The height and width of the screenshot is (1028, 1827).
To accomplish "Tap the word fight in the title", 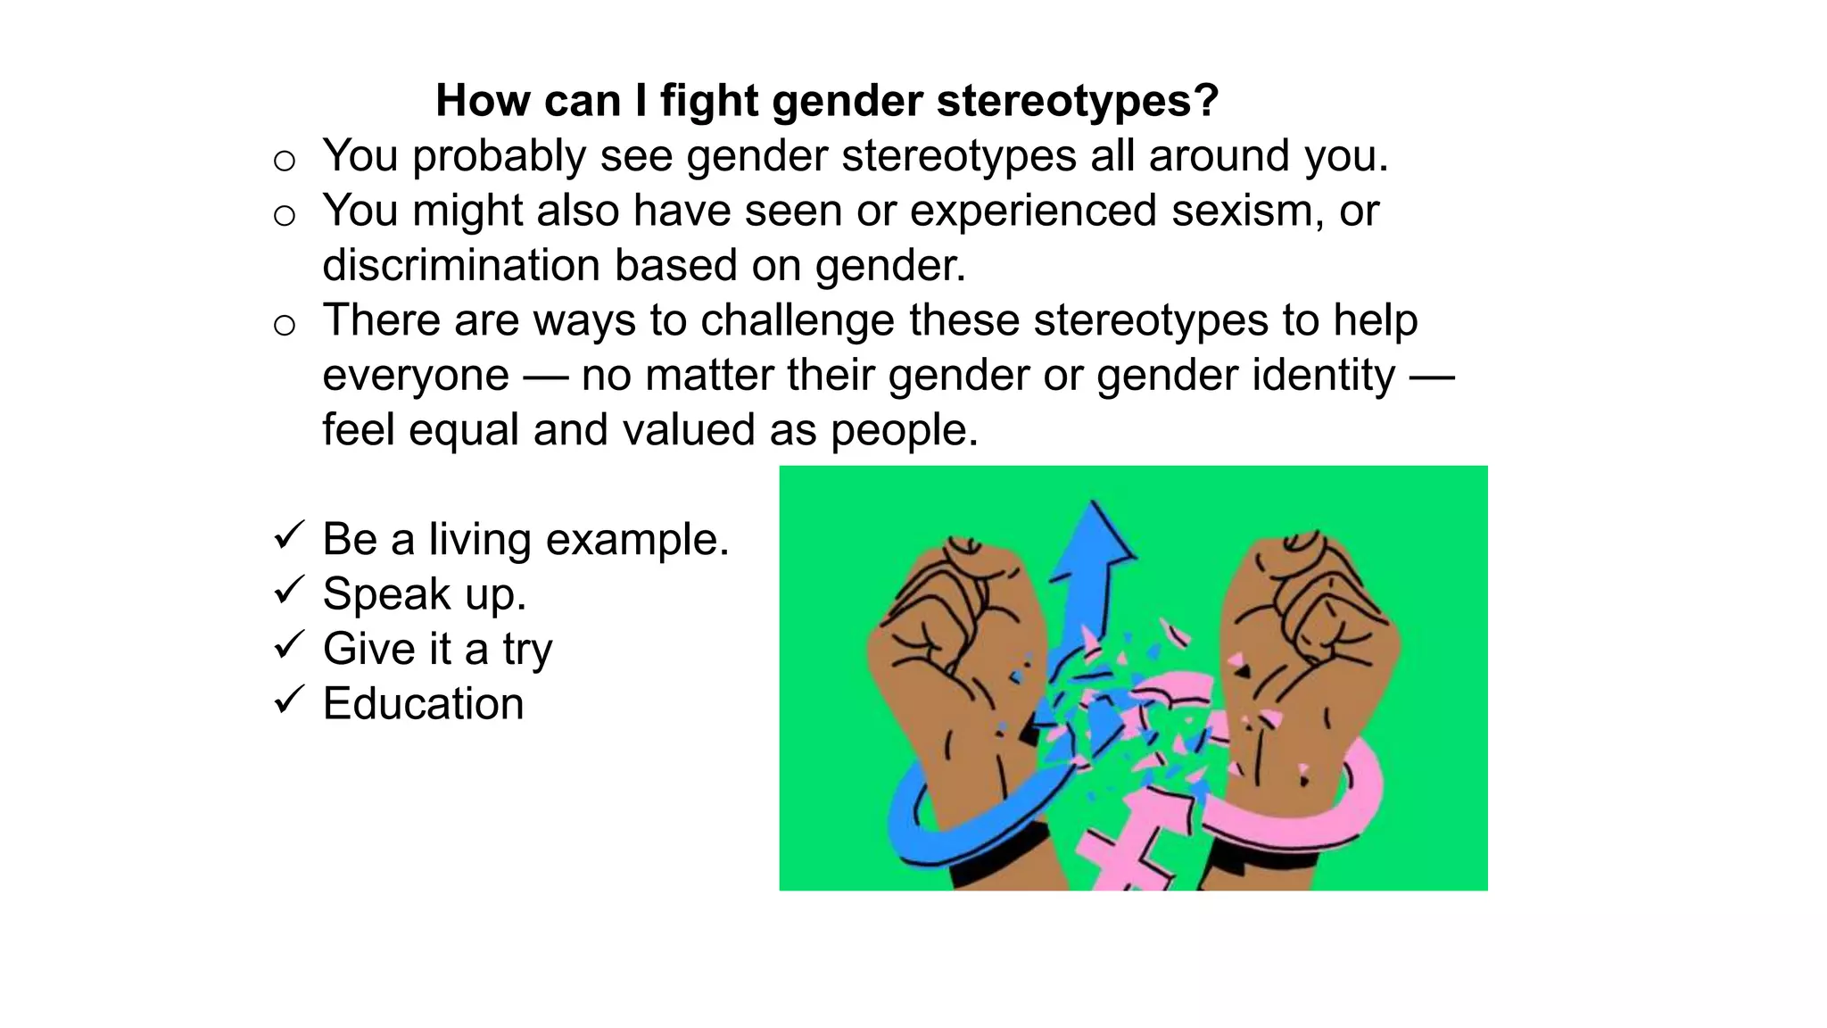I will click(709, 101).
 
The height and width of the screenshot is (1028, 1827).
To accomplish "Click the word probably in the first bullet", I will click(499, 156).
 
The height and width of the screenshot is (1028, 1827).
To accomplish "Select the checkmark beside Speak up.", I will click(289, 591).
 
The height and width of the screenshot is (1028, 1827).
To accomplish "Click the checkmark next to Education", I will click(289, 701).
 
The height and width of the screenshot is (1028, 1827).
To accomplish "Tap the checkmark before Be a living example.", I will click(289, 536).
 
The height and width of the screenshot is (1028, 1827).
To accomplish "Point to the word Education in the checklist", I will click(423, 704).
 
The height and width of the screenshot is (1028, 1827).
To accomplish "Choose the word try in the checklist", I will click(527, 651).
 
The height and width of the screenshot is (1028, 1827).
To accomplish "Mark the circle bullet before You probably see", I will click(284, 161).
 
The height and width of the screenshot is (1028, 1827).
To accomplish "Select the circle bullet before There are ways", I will click(284, 325).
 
